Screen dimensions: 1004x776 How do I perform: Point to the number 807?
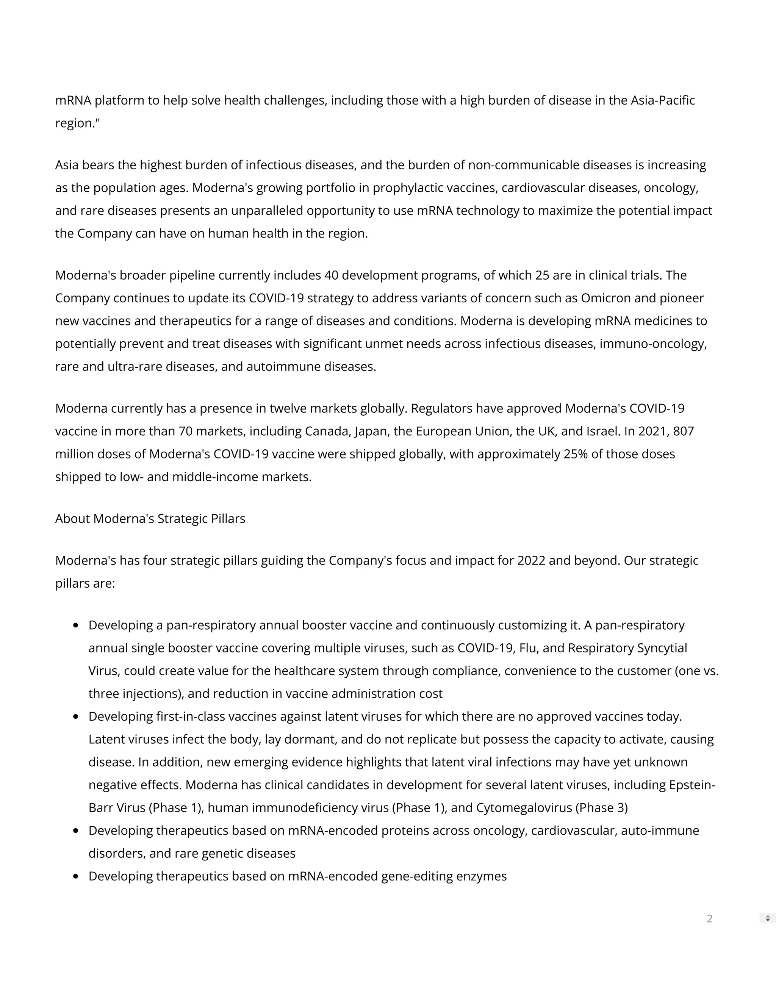[x=683, y=431]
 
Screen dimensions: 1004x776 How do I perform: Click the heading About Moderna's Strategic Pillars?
[x=150, y=519]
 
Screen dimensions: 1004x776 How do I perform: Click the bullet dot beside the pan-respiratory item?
[x=76, y=625]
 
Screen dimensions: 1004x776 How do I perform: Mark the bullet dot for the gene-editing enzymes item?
[x=76, y=876]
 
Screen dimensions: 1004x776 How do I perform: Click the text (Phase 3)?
[x=602, y=808]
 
